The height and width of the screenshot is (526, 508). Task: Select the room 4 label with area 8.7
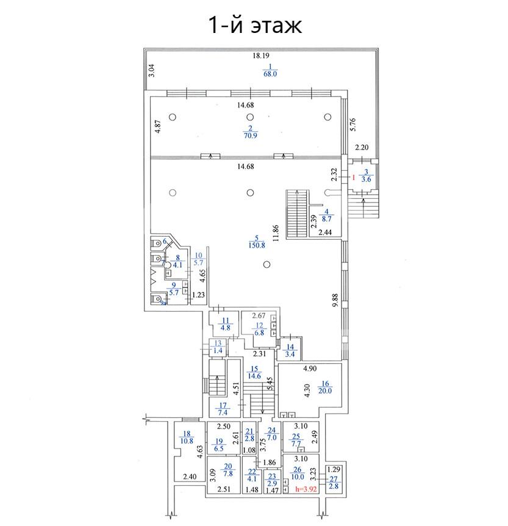pos(326,217)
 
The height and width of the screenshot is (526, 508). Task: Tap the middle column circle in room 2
pos(249,117)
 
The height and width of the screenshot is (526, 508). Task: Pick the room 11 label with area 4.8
pos(225,324)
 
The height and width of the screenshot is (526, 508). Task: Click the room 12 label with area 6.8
pos(259,330)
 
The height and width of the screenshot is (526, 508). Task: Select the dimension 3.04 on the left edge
pos(152,71)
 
